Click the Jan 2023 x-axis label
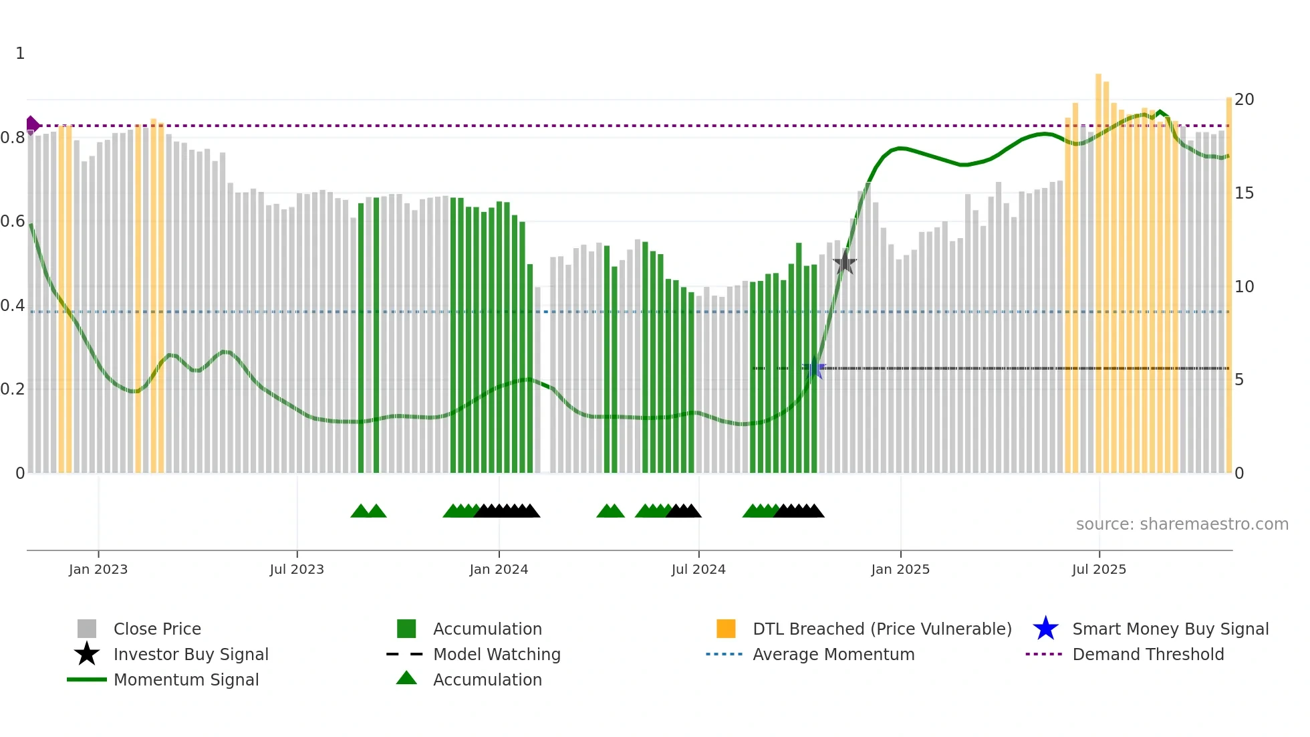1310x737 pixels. pyautogui.click(x=98, y=569)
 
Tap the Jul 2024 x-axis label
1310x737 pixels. pyautogui.click(x=698, y=569)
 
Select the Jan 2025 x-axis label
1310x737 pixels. pyautogui.click(x=900, y=569)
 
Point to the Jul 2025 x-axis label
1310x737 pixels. pyautogui.click(x=1099, y=569)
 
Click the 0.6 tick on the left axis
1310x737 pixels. pyautogui.click(x=13, y=221)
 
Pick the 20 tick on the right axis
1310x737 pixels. pyautogui.click(x=1244, y=100)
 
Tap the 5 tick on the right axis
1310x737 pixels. pyautogui.click(x=1239, y=380)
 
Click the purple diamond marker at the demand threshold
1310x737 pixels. pyautogui.click(x=32, y=125)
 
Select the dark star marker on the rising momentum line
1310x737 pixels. pyautogui.click(x=845, y=263)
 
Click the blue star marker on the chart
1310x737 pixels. pyautogui.click(x=814, y=368)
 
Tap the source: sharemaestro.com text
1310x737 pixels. pyautogui.click(x=1182, y=524)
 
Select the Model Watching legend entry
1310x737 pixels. pyautogui.click(x=496, y=654)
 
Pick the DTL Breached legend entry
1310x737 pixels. pyautogui.click(x=882, y=629)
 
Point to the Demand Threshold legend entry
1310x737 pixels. pyautogui.click(x=1148, y=654)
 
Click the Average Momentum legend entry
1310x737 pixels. pyautogui.click(x=833, y=654)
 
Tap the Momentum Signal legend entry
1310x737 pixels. pyautogui.click(x=186, y=679)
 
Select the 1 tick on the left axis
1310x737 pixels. pyautogui.click(x=20, y=54)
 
